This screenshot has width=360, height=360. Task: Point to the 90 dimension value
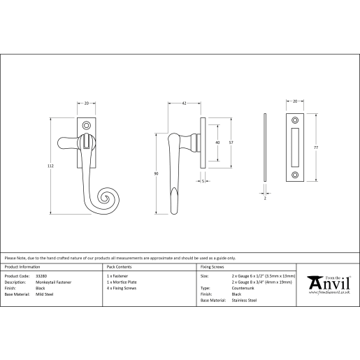point(156,173)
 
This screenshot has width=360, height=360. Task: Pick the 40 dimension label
point(217,143)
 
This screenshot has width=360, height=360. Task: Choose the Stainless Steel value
point(244,301)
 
